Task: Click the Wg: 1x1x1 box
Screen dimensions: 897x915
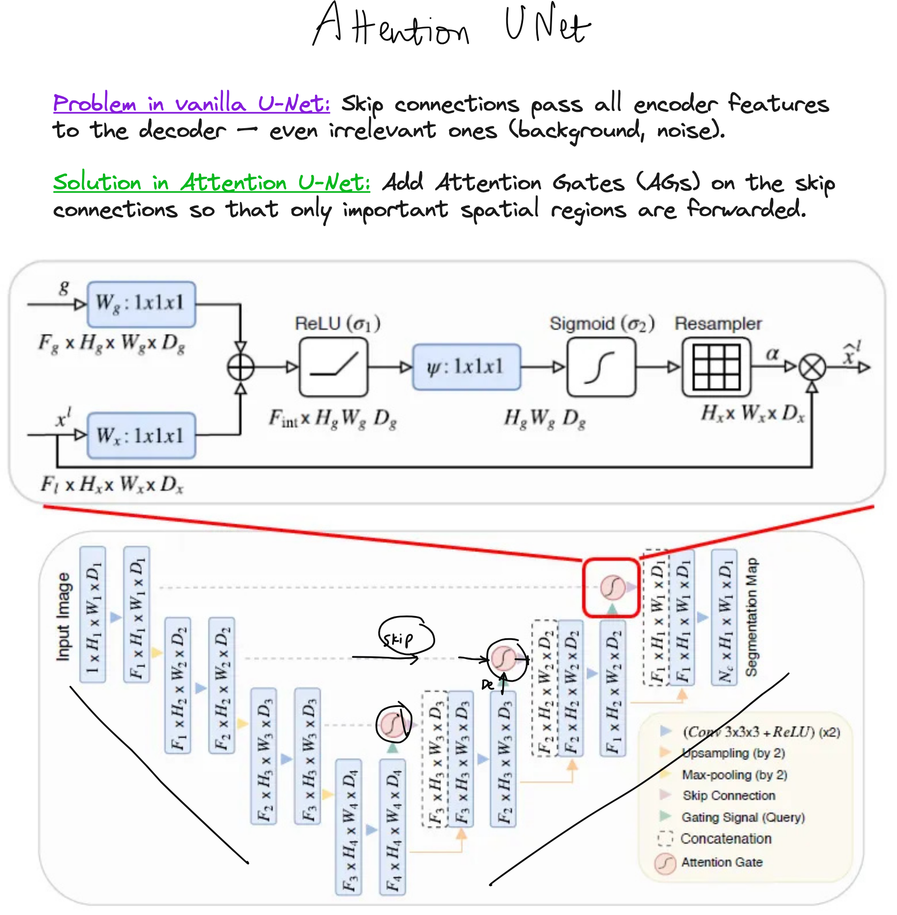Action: [x=141, y=304]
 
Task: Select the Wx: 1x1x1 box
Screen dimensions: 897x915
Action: [x=141, y=436]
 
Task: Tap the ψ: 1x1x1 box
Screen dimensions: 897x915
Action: [x=466, y=367]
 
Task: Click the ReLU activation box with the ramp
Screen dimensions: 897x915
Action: [x=334, y=367]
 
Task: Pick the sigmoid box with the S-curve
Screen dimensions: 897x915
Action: [x=601, y=367]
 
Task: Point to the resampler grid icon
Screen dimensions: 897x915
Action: [x=717, y=367]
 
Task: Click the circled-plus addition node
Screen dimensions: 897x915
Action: [x=241, y=367]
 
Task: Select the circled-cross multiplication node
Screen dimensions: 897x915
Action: [x=812, y=367]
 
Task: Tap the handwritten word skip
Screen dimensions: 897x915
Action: [x=398, y=639]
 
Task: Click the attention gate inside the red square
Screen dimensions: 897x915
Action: [x=612, y=587]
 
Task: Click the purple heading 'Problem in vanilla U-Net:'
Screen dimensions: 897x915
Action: [x=191, y=103]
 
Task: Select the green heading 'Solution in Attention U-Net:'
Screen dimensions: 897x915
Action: [x=212, y=182]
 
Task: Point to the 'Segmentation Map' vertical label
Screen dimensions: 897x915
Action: [x=752, y=617]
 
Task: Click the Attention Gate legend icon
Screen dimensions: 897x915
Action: [x=665, y=863]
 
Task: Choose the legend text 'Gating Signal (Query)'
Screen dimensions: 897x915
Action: [x=743, y=817]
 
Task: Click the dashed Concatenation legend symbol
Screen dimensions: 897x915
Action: [x=665, y=839]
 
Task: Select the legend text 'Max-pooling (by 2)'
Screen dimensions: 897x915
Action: [x=734, y=775]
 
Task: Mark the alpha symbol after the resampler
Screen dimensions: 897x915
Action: [x=772, y=353]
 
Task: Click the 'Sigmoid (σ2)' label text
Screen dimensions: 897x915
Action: [x=601, y=324]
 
